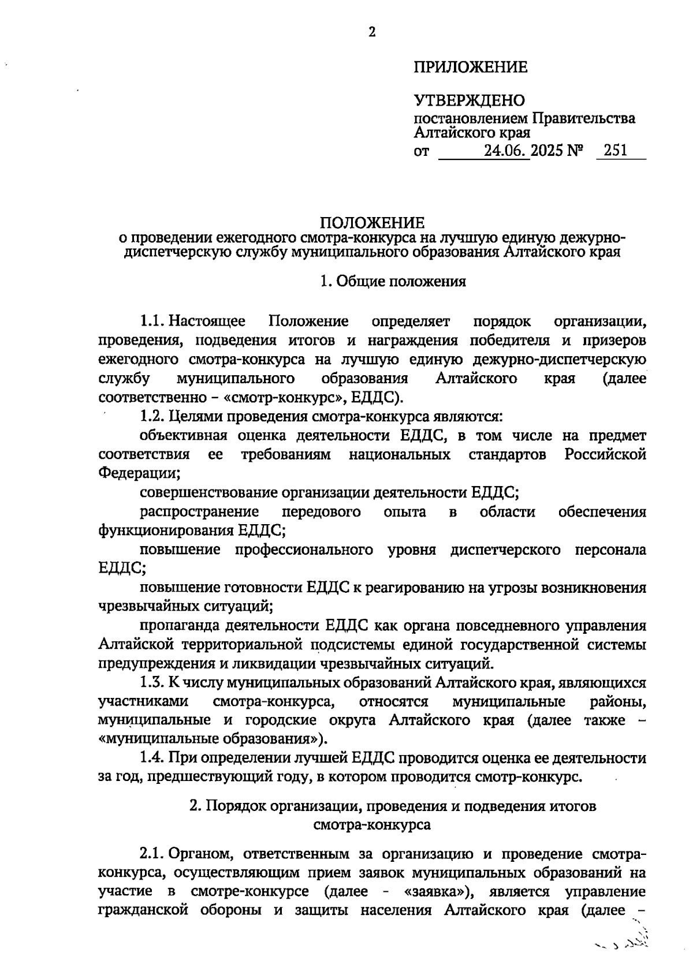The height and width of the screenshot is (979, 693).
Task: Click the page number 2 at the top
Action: pos(372,33)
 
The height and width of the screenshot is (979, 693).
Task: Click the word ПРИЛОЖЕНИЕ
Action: pos(470,68)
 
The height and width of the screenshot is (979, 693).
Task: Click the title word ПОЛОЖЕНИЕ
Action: pos(372,223)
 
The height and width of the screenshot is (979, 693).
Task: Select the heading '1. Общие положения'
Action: pos(393,282)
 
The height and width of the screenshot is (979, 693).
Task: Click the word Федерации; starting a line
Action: pos(139,473)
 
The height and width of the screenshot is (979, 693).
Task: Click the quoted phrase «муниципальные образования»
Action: pos(212,739)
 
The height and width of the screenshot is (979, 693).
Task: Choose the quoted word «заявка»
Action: pos(437,891)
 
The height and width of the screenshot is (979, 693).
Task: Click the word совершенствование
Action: pos(209,492)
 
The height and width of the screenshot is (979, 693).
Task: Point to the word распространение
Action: pos(199,511)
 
